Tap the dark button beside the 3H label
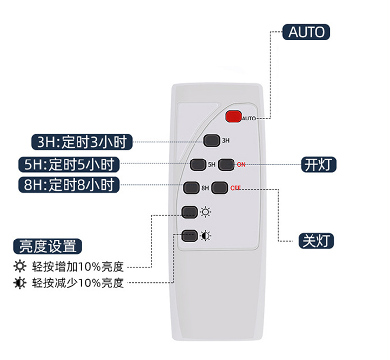point(212,140)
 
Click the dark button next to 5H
point(198,164)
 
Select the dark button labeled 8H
point(192,188)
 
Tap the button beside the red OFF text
point(219,188)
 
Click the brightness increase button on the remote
point(190,212)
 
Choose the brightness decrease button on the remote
point(190,236)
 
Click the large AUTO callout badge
point(306,32)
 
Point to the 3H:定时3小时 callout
point(82,142)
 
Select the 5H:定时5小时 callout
point(69,164)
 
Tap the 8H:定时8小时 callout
point(69,185)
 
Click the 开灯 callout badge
point(318,164)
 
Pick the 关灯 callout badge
point(316,241)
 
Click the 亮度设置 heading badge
point(47,246)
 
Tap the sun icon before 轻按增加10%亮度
point(20,266)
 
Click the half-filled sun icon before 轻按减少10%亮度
point(20,282)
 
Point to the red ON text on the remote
point(241,165)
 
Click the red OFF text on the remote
point(235,188)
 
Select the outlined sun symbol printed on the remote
point(206,212)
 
